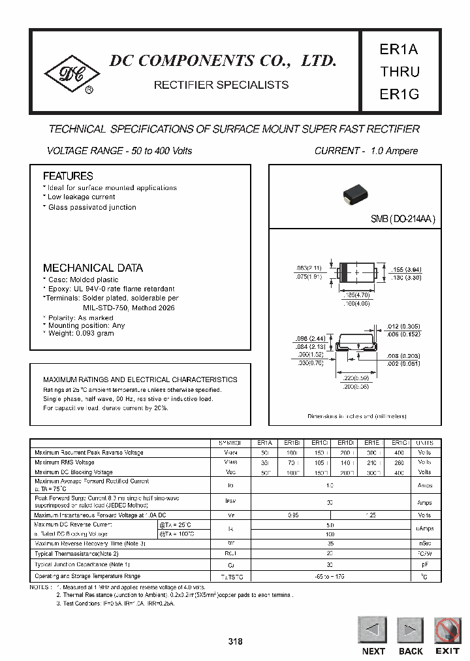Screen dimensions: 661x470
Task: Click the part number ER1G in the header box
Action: coord(399,94)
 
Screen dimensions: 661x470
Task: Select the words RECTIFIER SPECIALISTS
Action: coord(221,86)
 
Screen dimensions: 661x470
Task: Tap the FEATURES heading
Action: coord(68,176)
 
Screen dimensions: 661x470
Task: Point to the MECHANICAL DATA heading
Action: coord(93,268)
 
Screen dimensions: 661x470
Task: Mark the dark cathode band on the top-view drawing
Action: coord(342,273)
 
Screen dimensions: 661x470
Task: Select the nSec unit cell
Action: coord(424,543)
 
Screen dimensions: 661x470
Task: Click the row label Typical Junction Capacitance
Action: coord(82,564)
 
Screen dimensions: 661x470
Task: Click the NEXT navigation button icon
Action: coord(373,630)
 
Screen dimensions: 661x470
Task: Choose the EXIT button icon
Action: coord(448,630)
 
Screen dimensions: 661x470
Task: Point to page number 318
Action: coord(235,641)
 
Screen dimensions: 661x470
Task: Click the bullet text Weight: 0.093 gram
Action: coord(80,333)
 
